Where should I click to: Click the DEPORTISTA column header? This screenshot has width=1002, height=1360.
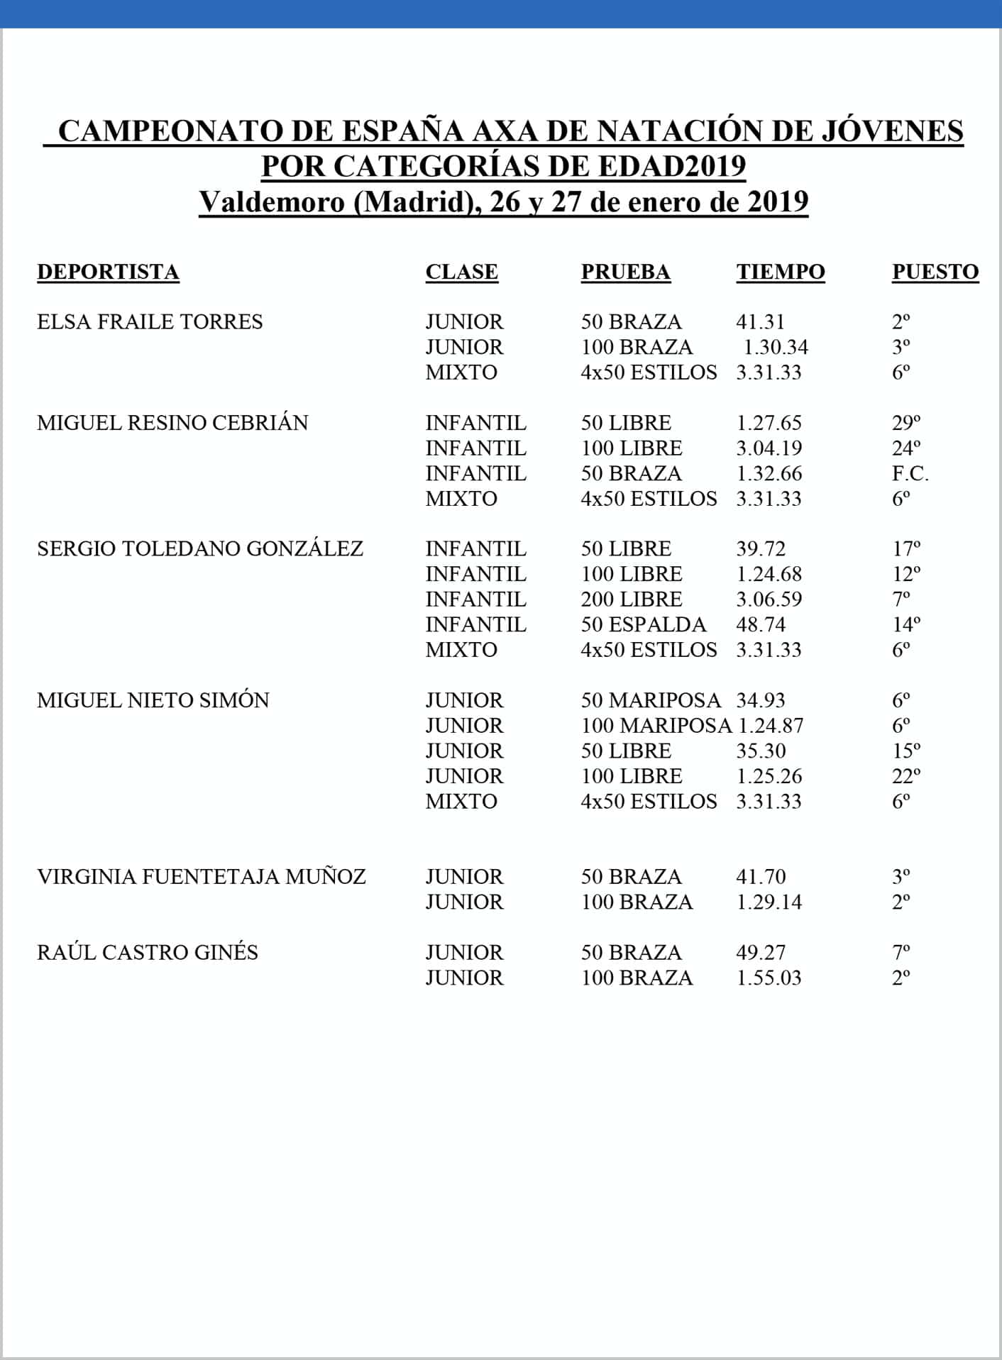[108, 272]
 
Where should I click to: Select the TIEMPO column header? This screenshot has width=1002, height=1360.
[780, 272]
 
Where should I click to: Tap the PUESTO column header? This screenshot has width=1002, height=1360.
[935, 272]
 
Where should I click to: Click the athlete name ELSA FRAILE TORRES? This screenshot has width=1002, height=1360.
[150, 322]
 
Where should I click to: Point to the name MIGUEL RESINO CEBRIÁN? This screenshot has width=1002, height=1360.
[172, 423]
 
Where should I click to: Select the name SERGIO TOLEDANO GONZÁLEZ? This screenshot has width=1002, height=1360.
[199, 548]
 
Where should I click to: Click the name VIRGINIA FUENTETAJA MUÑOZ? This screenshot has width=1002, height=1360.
[201, 877]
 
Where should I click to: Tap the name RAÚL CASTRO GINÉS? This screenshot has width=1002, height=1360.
[147, 952]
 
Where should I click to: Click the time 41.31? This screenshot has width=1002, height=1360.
[760, 322]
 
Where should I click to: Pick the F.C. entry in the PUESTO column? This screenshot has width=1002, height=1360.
[910, 473]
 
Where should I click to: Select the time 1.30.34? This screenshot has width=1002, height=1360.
[776, 347]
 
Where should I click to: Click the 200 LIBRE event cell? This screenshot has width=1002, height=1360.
[631, 599]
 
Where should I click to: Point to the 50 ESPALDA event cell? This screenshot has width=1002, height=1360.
[643, 624]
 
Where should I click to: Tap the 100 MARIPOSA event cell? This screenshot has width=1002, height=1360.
[656, 726]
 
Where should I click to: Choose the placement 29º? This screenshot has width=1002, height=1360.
[905, 423]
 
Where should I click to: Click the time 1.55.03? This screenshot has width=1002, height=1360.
[769, 978]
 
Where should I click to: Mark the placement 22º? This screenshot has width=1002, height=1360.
[905, 776]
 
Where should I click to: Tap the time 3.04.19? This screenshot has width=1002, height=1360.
[769, 448]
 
